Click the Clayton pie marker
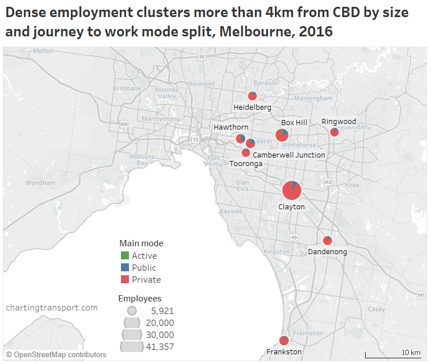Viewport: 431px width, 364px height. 292,190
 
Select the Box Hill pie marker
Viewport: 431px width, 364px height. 282,135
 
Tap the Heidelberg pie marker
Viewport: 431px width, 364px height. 252,96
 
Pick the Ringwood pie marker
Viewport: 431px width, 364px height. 334,132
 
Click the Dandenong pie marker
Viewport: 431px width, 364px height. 327,241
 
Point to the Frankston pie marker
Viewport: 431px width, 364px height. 284,340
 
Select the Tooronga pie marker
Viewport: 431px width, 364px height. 246,152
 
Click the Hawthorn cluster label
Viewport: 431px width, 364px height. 231,127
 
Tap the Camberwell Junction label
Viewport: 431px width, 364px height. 289,155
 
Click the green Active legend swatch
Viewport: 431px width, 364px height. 125,255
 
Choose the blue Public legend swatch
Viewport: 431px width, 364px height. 125,267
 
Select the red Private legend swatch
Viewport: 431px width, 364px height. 125,279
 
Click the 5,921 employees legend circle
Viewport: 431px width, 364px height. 132,311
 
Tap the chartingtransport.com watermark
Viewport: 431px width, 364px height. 52,308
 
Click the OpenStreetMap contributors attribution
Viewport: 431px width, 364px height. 56,354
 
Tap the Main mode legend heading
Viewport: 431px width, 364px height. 141,243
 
